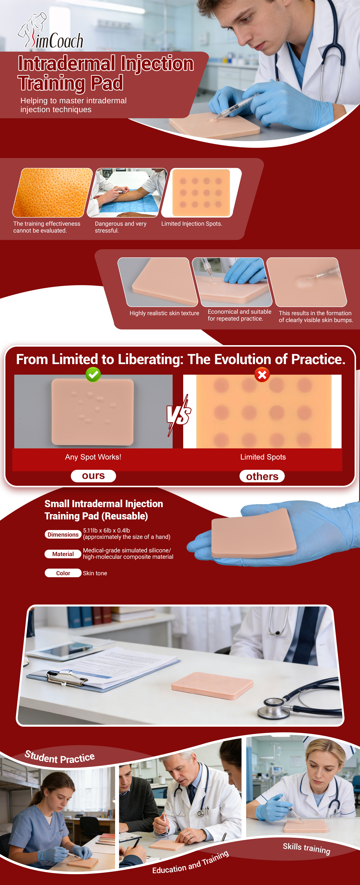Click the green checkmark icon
(x=93, y=374)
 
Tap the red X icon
(x=262, y=375)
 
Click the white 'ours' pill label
(x=93, y=476)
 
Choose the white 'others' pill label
(x=262, y=476)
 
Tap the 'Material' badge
(x=63, y=554)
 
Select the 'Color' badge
(x=63, y=573)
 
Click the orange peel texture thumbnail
(x=53, y=192)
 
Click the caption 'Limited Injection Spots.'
(x=192, y=224)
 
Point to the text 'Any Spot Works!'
(x=93, y=457)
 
